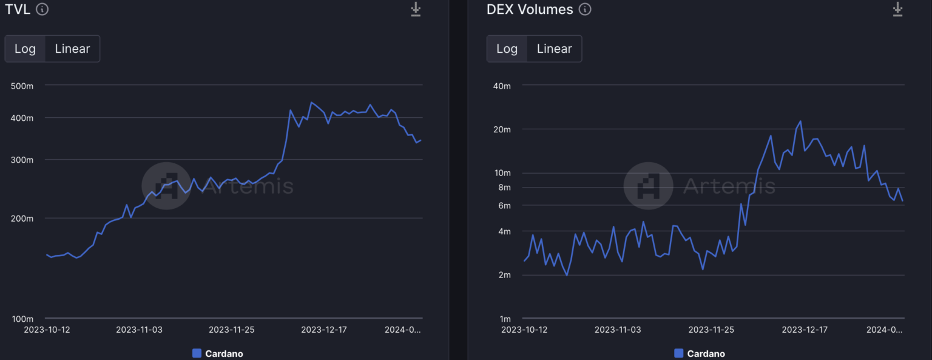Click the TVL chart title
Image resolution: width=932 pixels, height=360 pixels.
pyautogui.click(x=18, y=9)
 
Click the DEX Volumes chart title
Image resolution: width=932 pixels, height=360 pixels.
pyautogui.click(x=529, y=9)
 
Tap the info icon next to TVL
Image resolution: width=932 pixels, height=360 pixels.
pyautogui.click(x=42, y=9)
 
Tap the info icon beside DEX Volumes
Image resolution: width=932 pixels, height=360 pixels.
pyautogui.click(x=584, y=9)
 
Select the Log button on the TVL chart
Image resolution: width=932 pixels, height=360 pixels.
pyautogui.click(x=25, y=49)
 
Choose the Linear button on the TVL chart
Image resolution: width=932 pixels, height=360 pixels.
pyautogui.click(x=72, y=49)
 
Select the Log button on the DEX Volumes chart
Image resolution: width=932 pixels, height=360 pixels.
pyautogui.click(x=507, y=49)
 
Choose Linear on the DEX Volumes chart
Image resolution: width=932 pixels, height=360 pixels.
pyautogui.click(x=554, y=49)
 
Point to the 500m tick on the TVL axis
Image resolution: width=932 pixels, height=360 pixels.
pyautogui.click(x=22, y=86)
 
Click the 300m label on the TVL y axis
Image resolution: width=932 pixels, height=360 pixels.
pyautogui.click(x=22, y=160)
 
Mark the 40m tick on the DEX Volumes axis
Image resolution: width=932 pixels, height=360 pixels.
pyautogui.click(x=502, y=86)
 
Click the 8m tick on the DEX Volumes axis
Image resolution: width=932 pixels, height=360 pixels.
pyautogui.click(x=504, y=188)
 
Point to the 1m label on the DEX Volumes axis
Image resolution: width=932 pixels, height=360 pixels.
pyautogui.click(x=504, y=319)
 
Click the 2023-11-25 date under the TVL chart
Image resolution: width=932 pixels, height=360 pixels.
pyautogui.click(x=231, y=330)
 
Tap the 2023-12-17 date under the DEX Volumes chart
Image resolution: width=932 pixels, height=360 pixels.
pyautogui.click(x=805, y=330)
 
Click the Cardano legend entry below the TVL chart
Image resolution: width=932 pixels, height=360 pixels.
pyautogui.click(x=218, y=353)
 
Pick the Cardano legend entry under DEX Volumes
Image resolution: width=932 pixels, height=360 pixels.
pyautogui.click(x=700, y=353)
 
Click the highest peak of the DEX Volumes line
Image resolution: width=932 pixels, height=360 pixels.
pyautogui.click(x=800, y=121)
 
